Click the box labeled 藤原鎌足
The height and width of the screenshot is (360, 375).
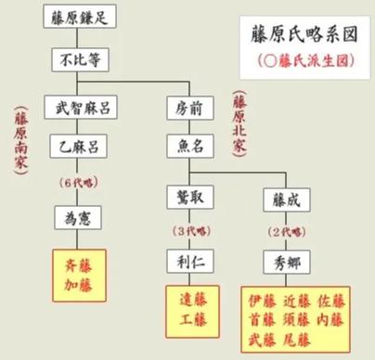pos(79,18)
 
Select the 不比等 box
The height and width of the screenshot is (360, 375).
pos(79,61)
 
